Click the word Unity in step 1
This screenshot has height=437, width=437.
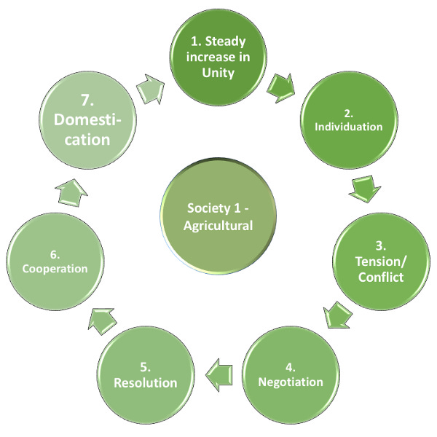coord(219,72)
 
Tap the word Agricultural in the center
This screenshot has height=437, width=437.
coord(219,226)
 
